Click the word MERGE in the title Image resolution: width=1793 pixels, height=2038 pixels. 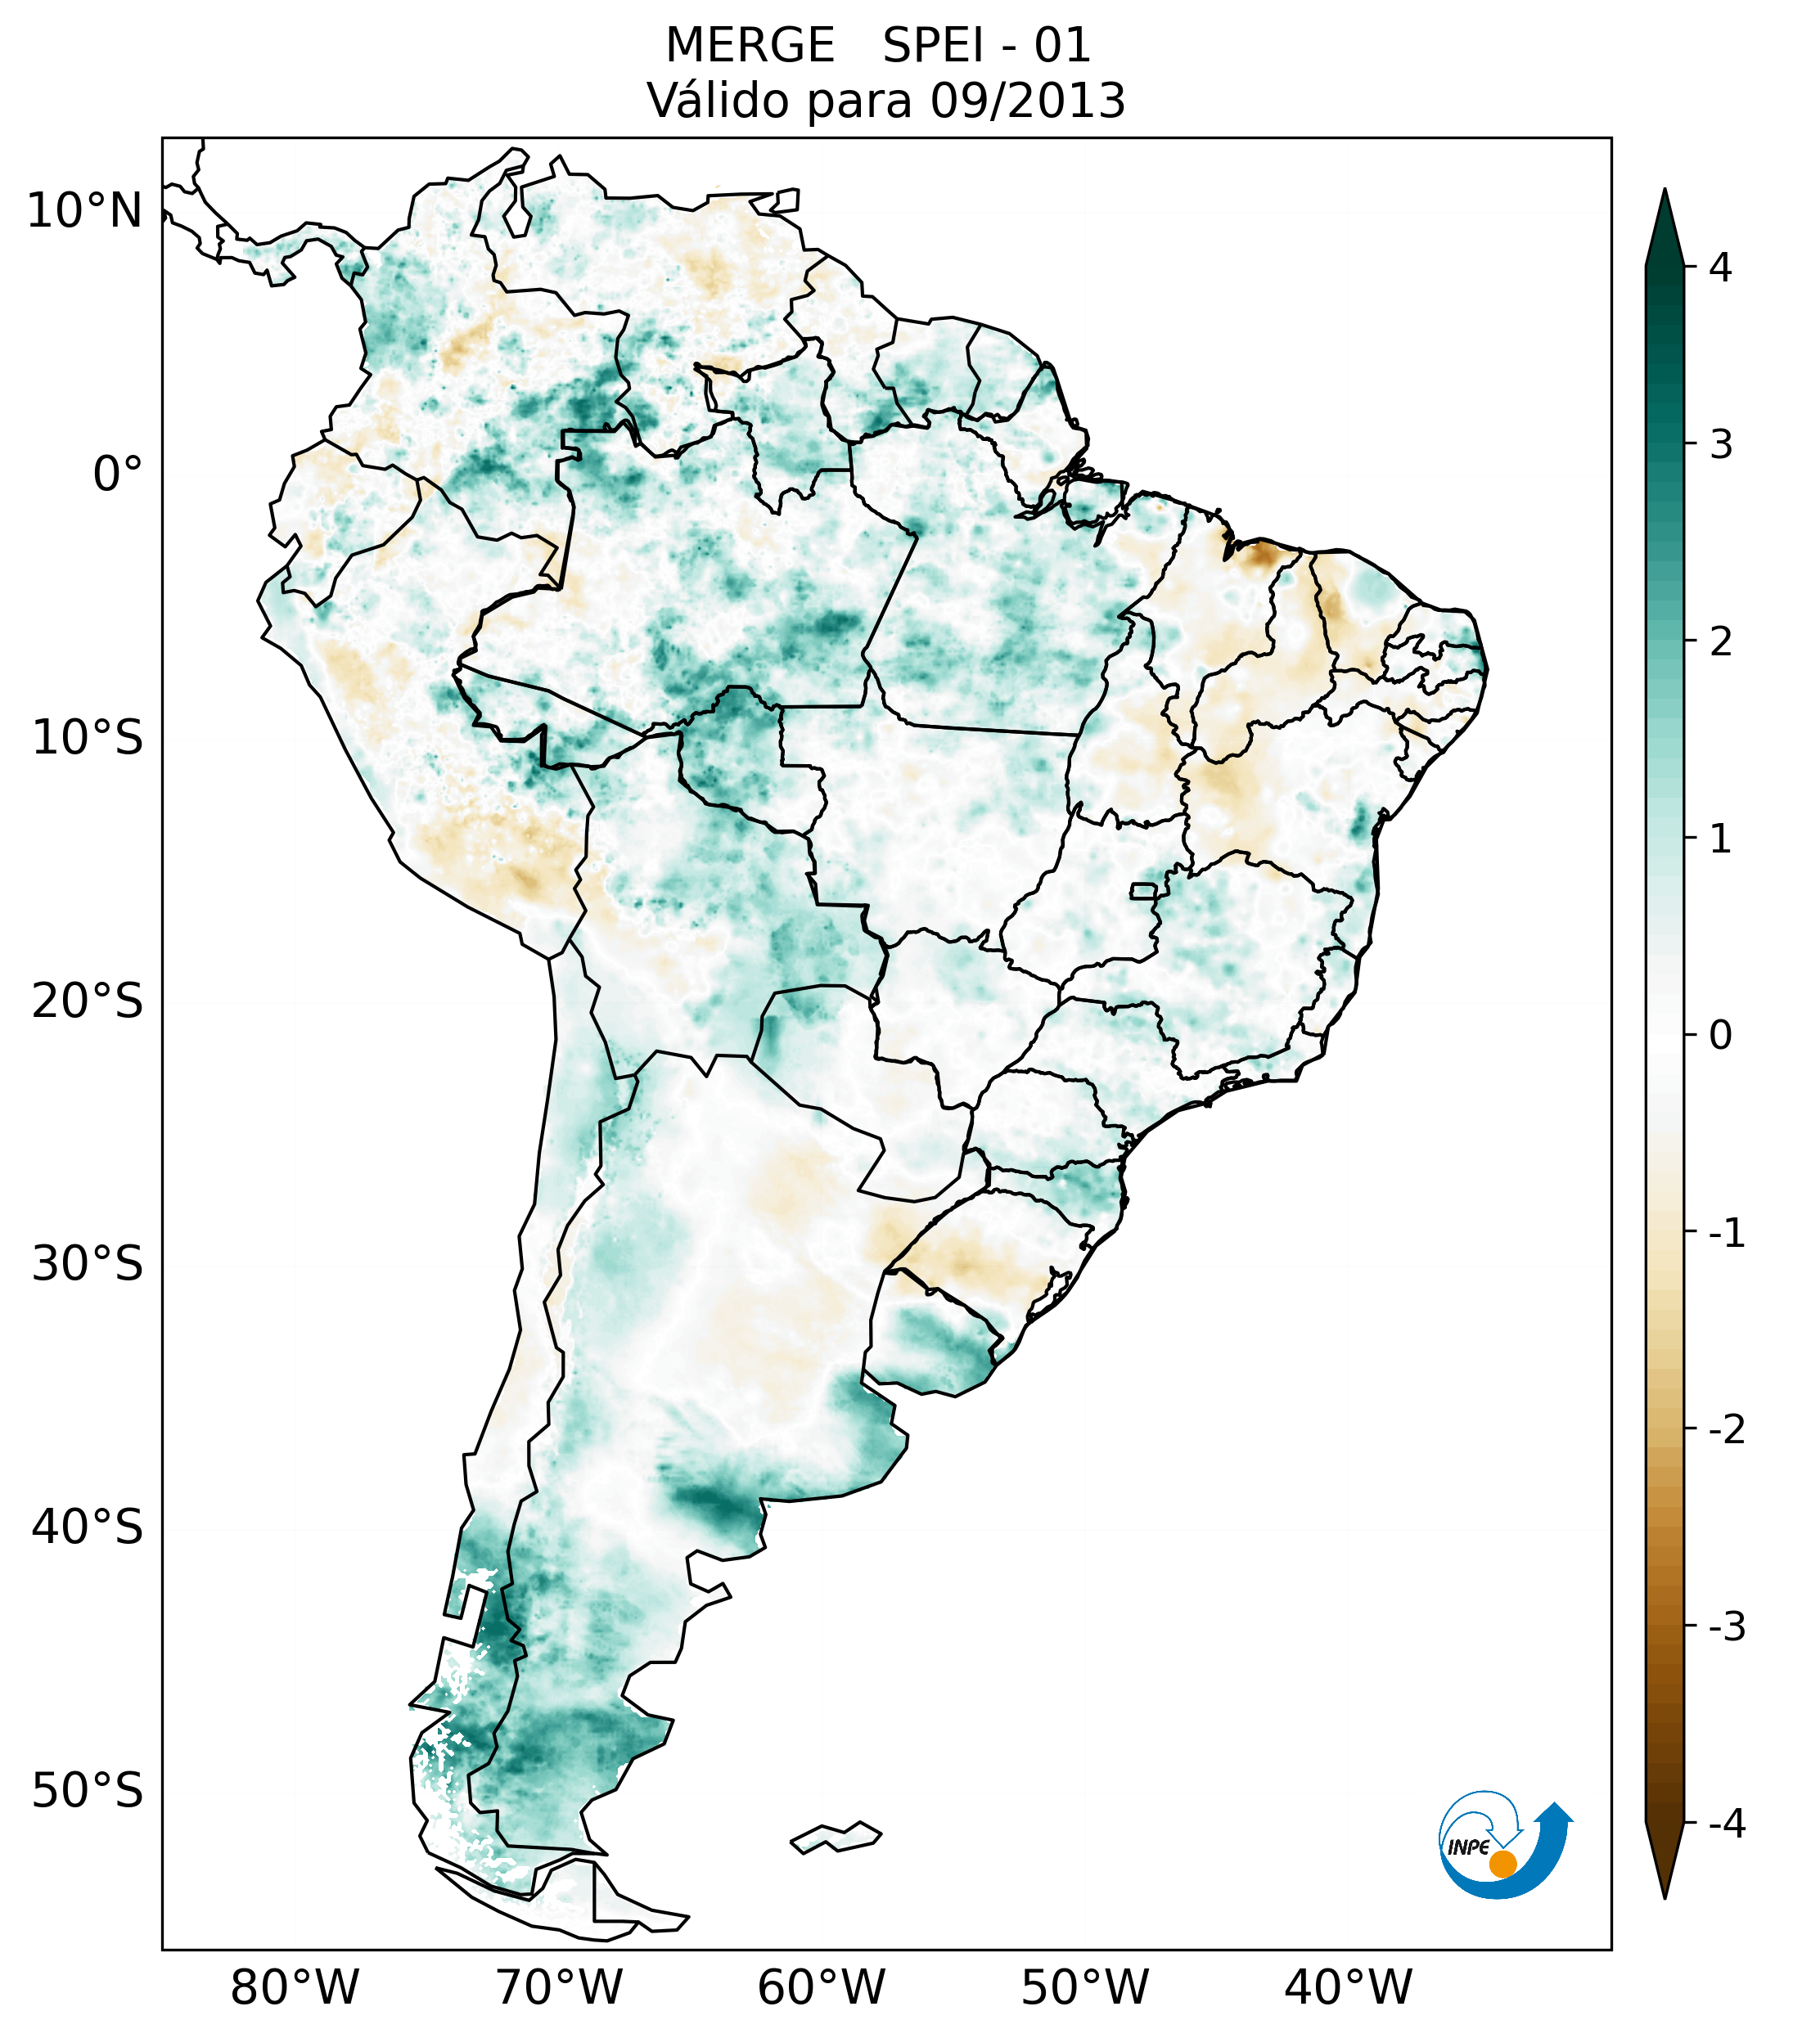pyautogui.click(x=749, y=46)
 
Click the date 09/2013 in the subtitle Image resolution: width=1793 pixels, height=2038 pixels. pyautogui.click(x=1027, y=101)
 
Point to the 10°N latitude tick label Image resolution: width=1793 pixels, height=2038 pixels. pyautogui.click(x=85, y=211)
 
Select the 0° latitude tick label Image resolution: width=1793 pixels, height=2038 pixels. pyautogui.click(x=118, y=474)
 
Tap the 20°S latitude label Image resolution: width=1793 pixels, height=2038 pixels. pyautogui.click(x=88, y=1000)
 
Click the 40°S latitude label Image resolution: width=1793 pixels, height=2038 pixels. pyautogui.click(x=88, y=1527)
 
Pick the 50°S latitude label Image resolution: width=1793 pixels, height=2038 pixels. pyautogui.click(x=88, y=1791)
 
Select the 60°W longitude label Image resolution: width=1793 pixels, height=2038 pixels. pyautogui.click(x=821, y=1987)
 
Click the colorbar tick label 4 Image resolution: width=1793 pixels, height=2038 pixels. pyautogui.click(x=1720, y=268)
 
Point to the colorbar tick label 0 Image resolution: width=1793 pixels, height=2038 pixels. pyautogui.click(x=1720, y=1036)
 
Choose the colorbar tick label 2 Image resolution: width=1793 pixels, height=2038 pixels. pyautogui.click(x=1720, y=642)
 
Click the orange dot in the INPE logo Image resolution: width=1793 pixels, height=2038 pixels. pyautogui.click(x=1502, y=1864)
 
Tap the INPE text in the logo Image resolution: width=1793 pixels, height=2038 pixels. pyautogui.click(x=1468, y=1847)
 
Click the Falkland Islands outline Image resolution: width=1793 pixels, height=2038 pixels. pyautogui.click(x=836, y=1838)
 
